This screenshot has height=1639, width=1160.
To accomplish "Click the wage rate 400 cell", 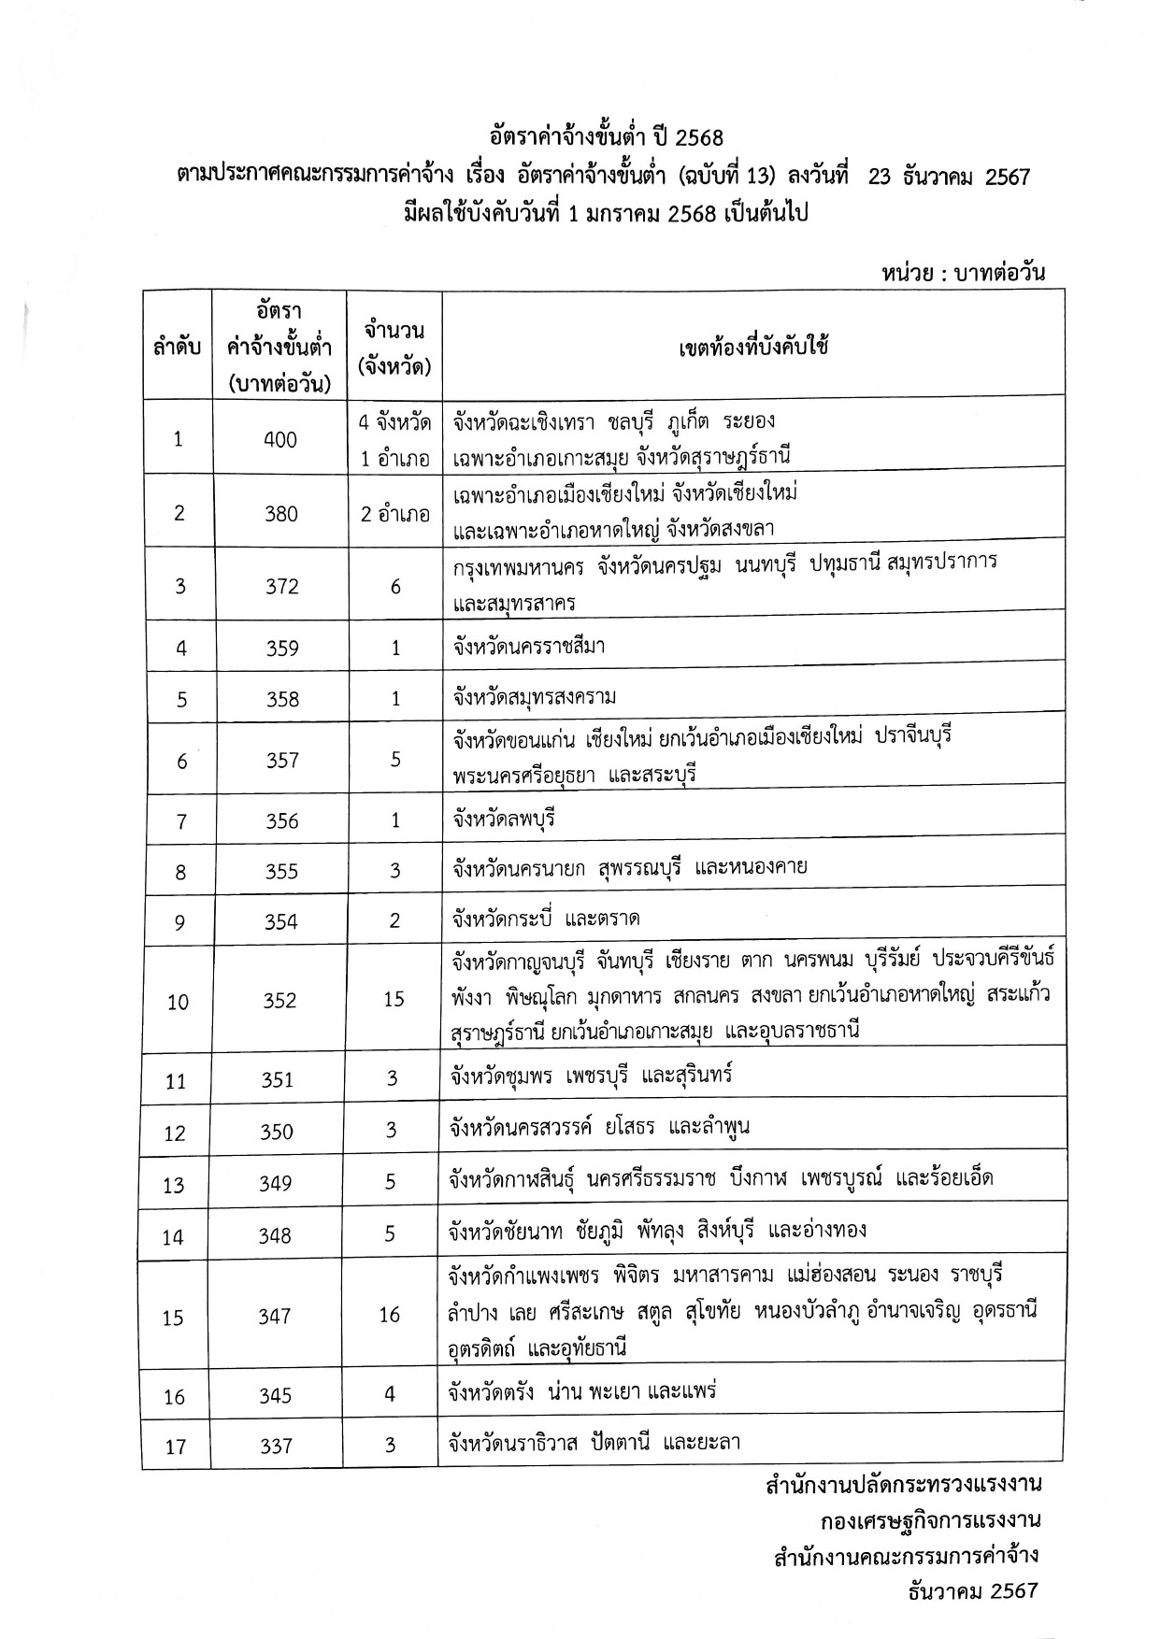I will pyautogui.click(x=280, y=439).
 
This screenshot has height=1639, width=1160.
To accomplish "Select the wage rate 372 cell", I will pyautogui.click(x=281, y=586).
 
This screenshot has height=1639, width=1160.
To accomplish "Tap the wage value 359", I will pyautogui.click(x=282, y=648).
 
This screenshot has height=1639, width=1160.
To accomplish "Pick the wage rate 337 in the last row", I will pyautogui.click(x=277, y=1446).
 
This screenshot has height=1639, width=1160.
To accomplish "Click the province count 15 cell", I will pyautogui.click(x=394, y=999).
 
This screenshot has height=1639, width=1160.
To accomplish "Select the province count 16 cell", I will pyautogui.click(x=390, y=1315).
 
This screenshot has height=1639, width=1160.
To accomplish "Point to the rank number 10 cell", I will pyautogui.click(x=178, y=1002).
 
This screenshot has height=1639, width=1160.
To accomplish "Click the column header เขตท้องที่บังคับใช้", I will pyautogui.click(x=753, y=347).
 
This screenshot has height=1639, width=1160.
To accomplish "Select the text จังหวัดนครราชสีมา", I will pyautogui.click(x=527, y=646).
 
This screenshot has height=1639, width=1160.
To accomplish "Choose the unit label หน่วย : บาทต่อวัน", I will pyautogui.click(x=962, y=273).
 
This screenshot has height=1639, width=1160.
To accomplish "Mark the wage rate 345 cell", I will pyautogui.click(x=277, y=1395).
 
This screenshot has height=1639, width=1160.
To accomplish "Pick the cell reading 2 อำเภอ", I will pyautogui.click(x=394, y=513).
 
